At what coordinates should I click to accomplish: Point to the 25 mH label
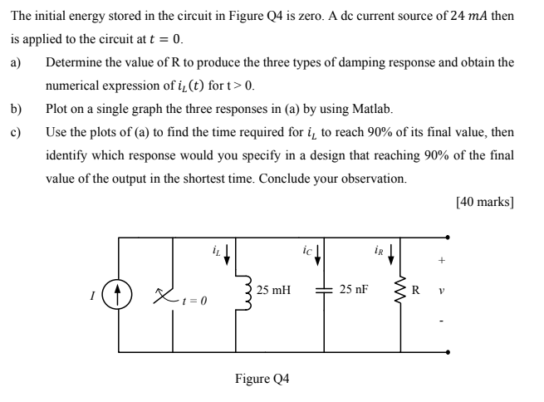point(273,290)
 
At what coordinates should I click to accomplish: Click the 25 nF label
point(355,290)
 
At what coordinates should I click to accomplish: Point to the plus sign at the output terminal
point(441,260)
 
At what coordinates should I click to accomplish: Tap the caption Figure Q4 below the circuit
point(262,379)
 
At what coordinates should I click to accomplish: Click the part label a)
point(16,62)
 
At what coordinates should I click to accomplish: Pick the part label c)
point(16,132)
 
